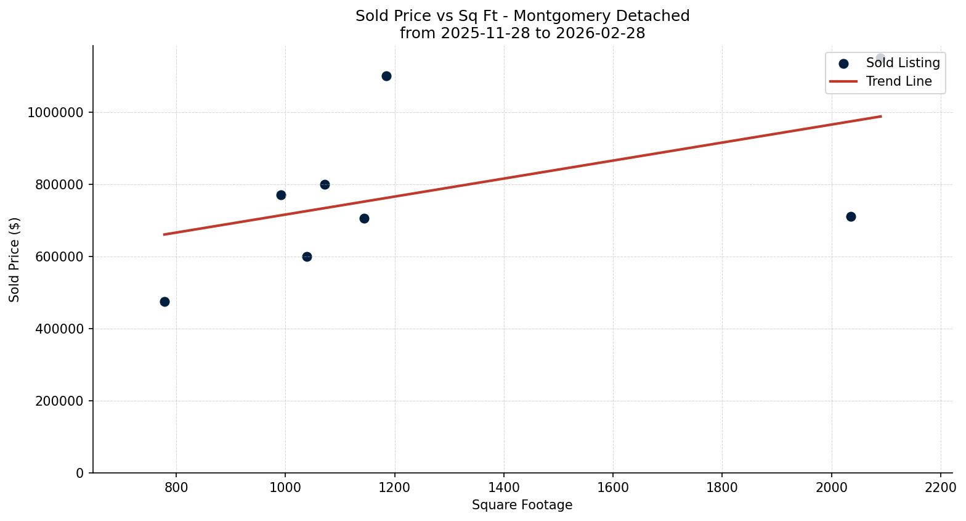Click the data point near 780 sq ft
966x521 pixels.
[x=164, y=302]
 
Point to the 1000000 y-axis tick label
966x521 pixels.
[x=55, y=113]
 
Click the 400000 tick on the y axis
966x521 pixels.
[x=55, y=329]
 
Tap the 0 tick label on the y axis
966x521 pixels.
[x=79, y=474]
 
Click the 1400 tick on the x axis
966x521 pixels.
[x=504, y=488]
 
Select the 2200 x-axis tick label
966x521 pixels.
[x=941, y=488]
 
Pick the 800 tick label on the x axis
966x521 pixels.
[x=176, y=488]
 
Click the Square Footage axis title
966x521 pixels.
[x=522, y=506]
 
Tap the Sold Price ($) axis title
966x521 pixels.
[x=15, y=260]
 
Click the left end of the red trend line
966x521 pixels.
[x=164, y=234]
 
